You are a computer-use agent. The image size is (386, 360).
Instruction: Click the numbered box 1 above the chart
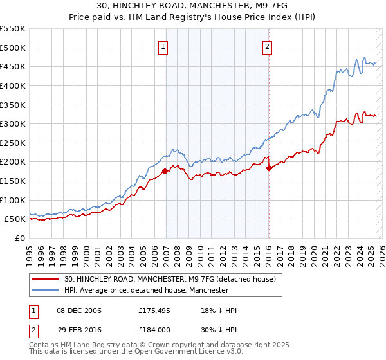point(164,46)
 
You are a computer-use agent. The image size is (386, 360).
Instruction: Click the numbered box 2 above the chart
point(267,46)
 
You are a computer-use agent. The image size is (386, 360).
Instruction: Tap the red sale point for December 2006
point(165,171)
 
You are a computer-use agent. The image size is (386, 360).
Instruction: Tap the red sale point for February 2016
point(269,168)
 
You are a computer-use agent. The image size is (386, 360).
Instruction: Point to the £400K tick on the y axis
point(14,85)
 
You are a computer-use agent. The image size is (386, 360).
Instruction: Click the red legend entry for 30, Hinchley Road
point(170,279)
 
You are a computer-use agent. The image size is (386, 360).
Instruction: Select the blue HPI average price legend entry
point(147,291)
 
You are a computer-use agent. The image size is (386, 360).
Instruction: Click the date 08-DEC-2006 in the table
point(79,310)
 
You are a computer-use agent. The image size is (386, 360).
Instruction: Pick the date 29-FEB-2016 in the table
point(78,330)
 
